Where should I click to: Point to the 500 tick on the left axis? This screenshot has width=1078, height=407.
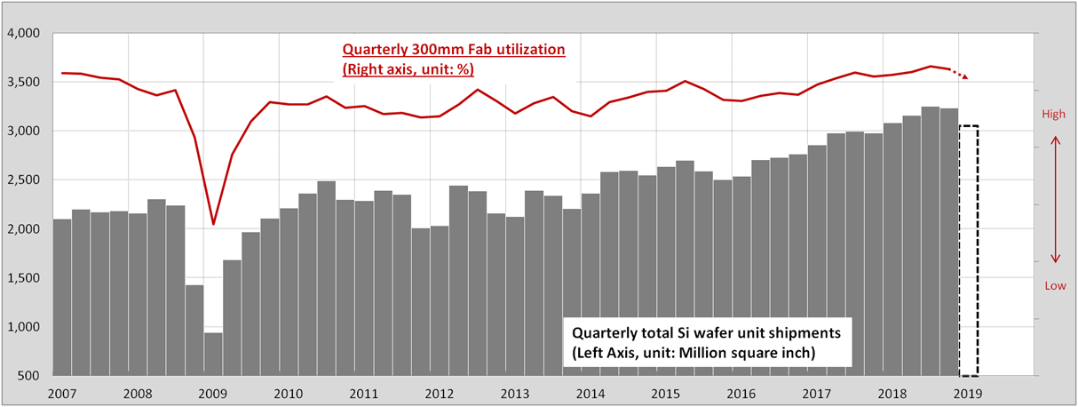tap(32, 376)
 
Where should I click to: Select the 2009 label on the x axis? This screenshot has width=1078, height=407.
tap(211, 392)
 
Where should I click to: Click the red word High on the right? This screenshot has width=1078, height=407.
tap(1055, 114)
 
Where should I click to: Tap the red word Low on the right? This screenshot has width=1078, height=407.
tap(1055, 286)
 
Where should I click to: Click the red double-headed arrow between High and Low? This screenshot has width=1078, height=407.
tap(1055, 200)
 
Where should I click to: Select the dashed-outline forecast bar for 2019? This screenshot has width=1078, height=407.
tap(969, 251)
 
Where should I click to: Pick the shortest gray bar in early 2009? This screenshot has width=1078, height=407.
tap(213, 354)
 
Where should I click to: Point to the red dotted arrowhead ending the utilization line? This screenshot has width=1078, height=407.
tap(964, 76)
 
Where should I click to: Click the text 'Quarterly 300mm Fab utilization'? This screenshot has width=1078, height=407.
tap(453, 51)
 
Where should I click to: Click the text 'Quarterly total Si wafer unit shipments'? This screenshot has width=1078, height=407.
tap(706, 334)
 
